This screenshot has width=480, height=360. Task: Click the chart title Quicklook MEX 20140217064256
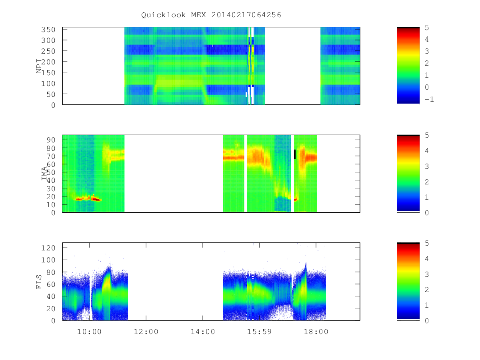211,15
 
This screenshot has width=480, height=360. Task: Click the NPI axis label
39,66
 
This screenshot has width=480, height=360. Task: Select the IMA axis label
44,174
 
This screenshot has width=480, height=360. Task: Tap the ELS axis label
39,282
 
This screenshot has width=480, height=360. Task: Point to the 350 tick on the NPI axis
48,29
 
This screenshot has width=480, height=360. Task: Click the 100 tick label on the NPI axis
48,83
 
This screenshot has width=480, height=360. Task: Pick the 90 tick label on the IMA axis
51,140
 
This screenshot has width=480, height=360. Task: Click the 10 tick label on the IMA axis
51,204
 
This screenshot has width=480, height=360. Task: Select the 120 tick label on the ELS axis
48,248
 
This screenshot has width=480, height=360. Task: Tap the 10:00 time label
89,332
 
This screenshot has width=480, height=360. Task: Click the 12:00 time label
146,332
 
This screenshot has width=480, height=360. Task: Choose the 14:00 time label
203,332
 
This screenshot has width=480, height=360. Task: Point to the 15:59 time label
259,332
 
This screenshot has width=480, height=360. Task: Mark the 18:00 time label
316,332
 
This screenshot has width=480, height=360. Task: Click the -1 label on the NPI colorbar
429,99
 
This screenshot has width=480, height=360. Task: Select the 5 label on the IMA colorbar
427,135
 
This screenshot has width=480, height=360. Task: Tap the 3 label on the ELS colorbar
427,274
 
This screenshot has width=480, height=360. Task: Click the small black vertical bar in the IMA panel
295,154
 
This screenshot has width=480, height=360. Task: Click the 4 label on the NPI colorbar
427,39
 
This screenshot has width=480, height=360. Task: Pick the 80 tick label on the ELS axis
51,272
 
